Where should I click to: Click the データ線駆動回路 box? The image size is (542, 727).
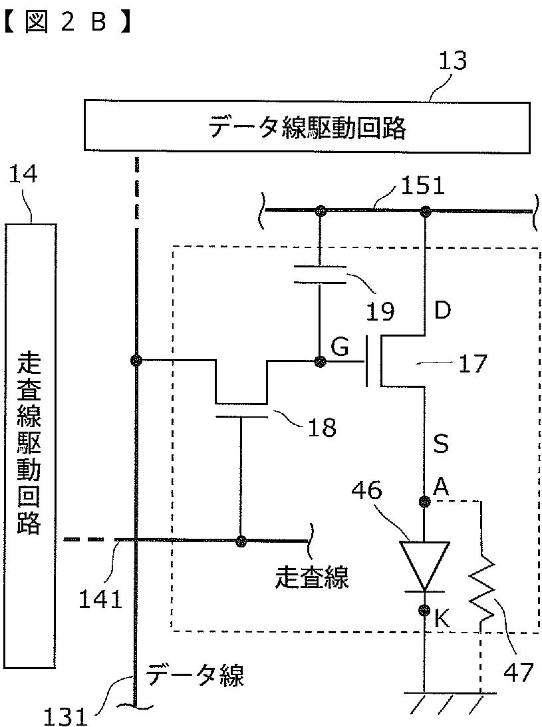(x=307, y=126)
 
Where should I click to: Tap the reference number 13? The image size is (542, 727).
(x=452, y=61)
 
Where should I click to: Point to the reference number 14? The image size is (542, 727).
(x=23, y=175)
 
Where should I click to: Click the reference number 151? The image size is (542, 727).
(x=423, y=186)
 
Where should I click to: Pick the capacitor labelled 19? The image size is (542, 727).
(x=319, y=275)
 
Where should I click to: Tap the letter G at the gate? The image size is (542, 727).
(x=339, y=347)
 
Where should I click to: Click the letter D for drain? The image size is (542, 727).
(x=442, y=310)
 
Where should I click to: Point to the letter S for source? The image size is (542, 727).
(x=440, y=443)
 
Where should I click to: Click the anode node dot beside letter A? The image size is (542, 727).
(x=424, y=502)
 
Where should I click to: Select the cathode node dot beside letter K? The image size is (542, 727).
(x=424, y=611)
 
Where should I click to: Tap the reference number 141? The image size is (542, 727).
(x=100, y=599)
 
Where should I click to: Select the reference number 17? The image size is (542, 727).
(x=472, y=363)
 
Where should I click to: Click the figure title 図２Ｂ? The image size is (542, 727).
(x=67, y=22)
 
